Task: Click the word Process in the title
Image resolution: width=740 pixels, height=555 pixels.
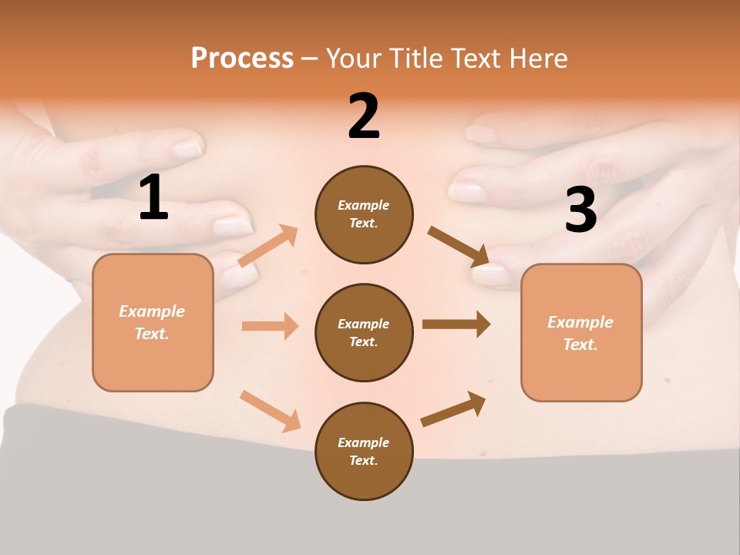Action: point(242,58)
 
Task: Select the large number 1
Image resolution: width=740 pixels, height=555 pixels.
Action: point(153,198)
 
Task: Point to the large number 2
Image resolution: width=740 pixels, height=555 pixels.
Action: point(364,116)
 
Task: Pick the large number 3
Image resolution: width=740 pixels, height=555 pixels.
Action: point(581,210)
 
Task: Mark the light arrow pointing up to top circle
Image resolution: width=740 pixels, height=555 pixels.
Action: point(268,245)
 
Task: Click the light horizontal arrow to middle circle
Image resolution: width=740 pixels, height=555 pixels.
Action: point(270,326)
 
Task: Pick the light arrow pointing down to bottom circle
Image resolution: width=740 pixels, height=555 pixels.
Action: point(270,411)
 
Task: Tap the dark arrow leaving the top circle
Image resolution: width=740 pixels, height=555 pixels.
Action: point(458,247)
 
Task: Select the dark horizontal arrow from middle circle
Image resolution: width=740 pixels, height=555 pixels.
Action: point(456,324)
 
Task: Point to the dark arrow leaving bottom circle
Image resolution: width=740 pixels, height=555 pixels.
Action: point(454,409)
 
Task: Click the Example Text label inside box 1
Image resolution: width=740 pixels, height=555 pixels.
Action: point(152,322)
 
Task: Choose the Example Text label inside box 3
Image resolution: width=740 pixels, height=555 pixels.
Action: point(580,333)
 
